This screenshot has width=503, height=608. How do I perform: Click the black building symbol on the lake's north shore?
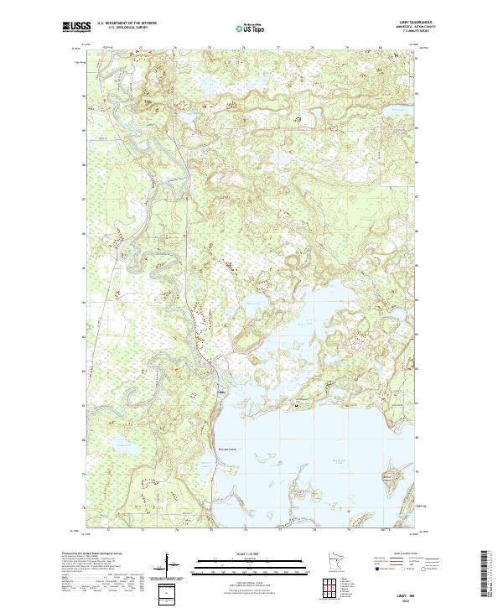[x=295, y=406]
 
